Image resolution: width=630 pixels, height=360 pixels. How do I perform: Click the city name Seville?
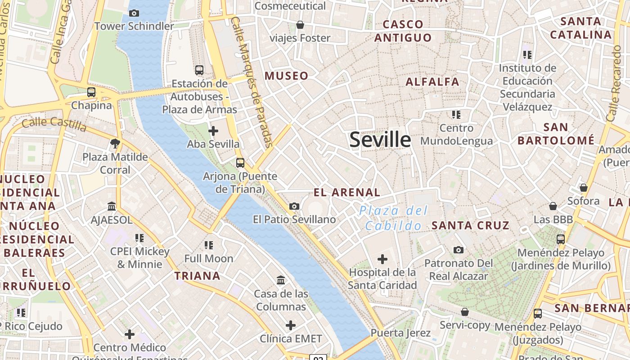[x=380, y=139]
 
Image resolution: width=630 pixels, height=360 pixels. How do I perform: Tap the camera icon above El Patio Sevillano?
[x=294, y=206]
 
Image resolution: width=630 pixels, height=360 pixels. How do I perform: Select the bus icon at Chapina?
[x=91, y=92]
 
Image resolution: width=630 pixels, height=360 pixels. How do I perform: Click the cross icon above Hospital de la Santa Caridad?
[x=382, y=259]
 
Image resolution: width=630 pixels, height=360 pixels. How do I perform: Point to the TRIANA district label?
[x=198, y=276]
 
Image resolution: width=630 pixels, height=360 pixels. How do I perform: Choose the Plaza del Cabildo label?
[x=394, y=218]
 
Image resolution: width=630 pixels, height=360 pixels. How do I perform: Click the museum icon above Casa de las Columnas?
[x=281, y=280]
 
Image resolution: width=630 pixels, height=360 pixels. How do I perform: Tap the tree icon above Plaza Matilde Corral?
[x=115, y=144]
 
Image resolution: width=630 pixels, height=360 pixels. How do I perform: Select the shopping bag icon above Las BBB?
[x=553, y=206]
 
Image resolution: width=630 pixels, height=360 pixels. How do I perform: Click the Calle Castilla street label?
[x=54, y=124]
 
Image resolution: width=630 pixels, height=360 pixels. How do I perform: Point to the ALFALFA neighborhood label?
[x=432, y=82]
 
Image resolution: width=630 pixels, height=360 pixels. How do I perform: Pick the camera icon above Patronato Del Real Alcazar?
[x=458, y=250]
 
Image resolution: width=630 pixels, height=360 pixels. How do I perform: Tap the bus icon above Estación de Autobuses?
[x=199, y=70]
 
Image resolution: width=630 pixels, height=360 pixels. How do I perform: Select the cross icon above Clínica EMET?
[x=291, y=325]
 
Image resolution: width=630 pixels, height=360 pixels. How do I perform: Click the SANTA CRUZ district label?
[x=470, y=225]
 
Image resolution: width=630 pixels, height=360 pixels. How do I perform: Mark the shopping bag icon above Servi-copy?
[x=465, y=312]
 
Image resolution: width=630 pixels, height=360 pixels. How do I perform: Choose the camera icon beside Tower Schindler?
[x=134, y=13]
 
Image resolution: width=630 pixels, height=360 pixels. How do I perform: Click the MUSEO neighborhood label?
[x=287, y=76]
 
